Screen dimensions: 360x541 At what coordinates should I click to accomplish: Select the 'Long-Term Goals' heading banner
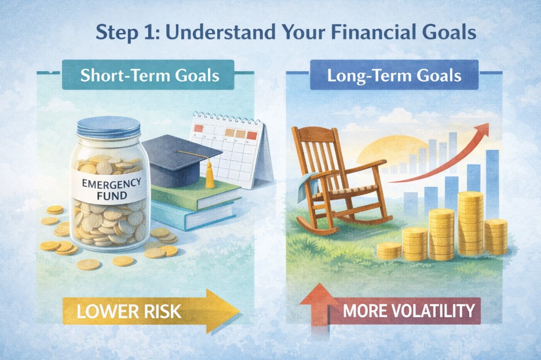pos(387,76)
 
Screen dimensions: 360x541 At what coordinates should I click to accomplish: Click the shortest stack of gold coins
pos(389,251)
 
